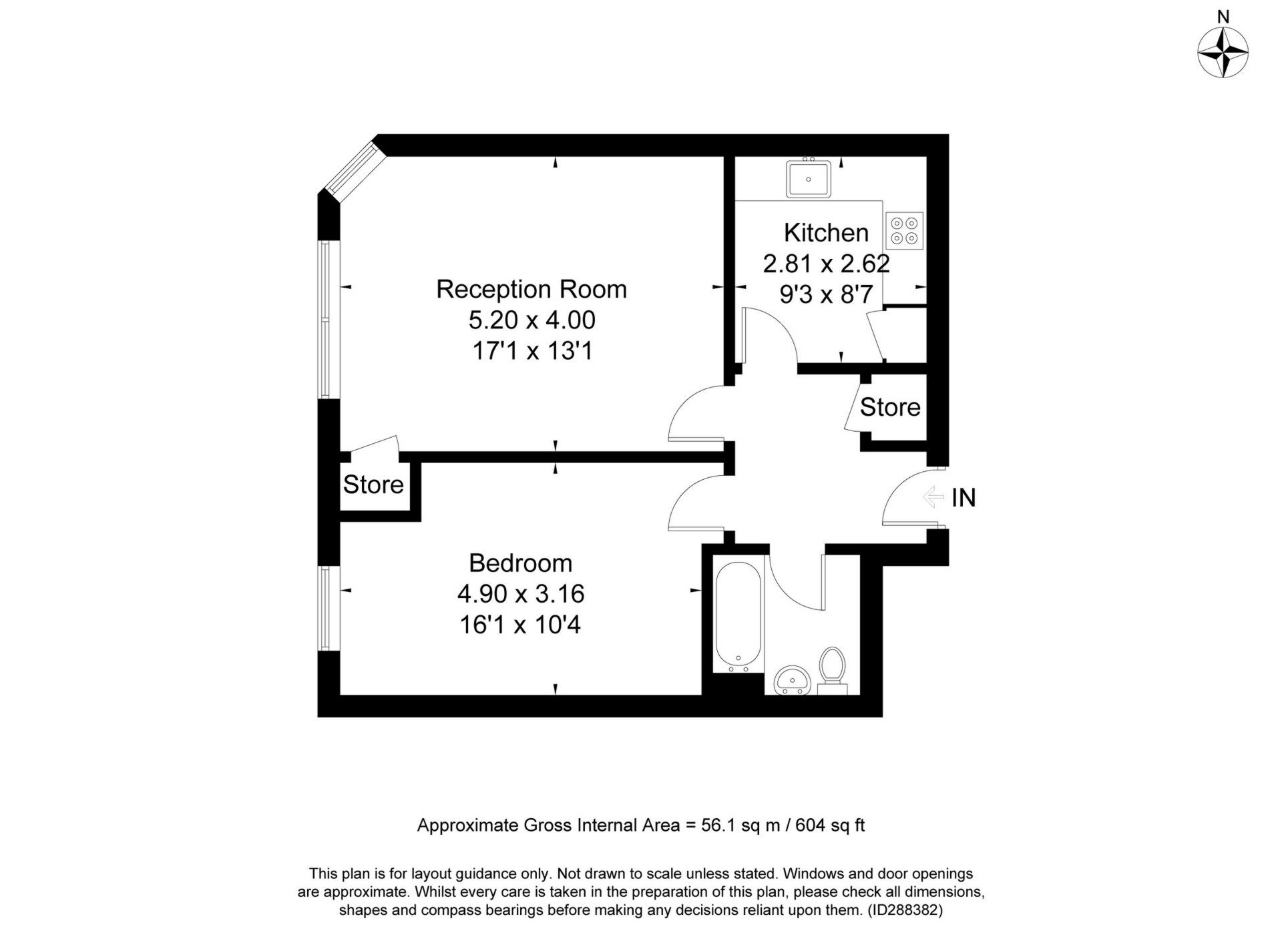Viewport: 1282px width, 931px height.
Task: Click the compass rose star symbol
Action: coord(1223,53)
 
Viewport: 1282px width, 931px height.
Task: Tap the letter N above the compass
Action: coord(1223,17)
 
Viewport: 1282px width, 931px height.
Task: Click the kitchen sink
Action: coord(809,179)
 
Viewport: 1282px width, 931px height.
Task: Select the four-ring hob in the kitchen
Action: coord(905,231)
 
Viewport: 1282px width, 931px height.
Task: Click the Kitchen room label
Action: coord(826,233)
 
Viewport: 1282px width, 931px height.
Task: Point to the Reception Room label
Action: coord(531,289)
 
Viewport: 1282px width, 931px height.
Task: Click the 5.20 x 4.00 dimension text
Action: coord(531,320)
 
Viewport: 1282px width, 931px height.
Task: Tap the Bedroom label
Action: coord(520,563)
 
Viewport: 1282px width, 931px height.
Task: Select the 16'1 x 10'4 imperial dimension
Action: coord(520,625)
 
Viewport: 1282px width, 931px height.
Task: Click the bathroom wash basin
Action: coord(792,680)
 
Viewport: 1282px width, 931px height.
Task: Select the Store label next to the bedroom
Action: coord(373,485)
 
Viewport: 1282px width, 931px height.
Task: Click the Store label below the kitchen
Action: coord(889,407)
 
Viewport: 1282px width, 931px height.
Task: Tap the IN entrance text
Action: coord(964,498)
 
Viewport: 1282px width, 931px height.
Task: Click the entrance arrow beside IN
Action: coord(933,497)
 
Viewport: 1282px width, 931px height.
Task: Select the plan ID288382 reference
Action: coord(904,910)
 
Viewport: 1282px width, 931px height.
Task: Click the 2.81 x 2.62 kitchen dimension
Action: coord(826,264)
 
